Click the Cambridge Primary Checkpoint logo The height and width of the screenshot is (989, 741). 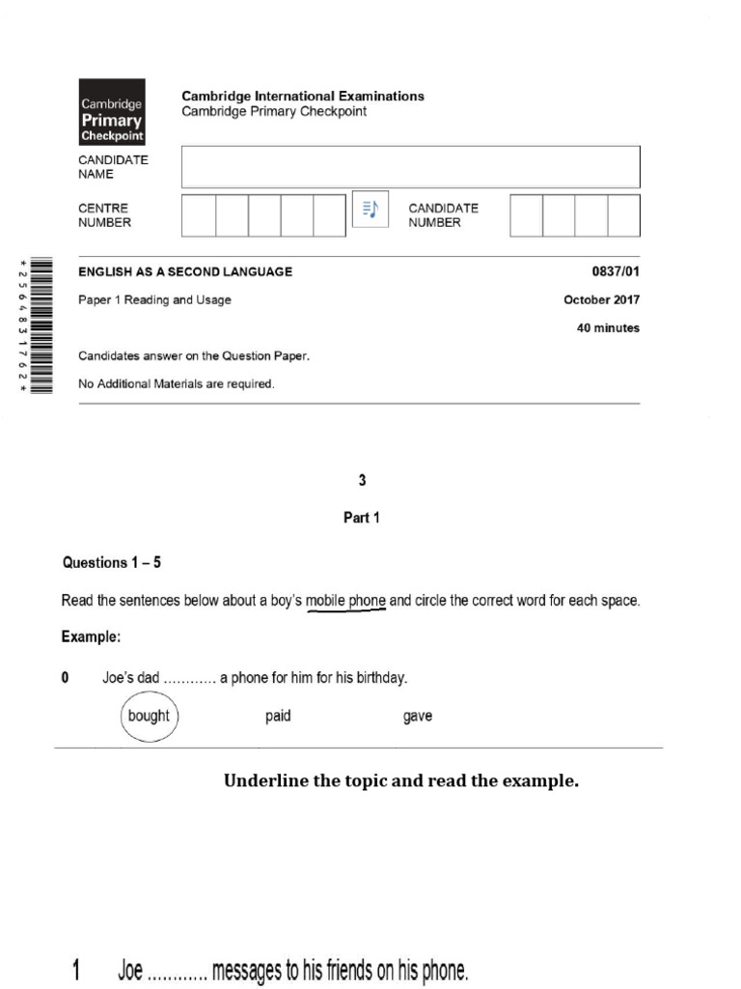tap(112, 110)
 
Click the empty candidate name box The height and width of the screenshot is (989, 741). tap(410, 167)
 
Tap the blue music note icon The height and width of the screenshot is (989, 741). tap(370, 210)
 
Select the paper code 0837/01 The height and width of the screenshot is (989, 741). tap(615, 271)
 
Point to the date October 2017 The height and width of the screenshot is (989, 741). tap(601, 299)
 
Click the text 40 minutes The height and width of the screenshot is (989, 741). tap(608, 328)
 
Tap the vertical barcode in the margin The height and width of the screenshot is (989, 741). tap(39, 325)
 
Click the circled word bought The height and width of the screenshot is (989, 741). tap(149, 717)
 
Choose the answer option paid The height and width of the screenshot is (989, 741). tap(278, 717)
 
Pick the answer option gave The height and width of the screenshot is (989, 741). tap(418, 717)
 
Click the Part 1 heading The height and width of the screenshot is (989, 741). tap(362, 518)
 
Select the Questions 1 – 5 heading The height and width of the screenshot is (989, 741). tap(107, 562)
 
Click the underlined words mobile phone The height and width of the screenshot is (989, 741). tap(345, 601)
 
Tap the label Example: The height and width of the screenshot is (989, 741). tap(92, 637)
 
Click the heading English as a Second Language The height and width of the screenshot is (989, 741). tap(185, 271)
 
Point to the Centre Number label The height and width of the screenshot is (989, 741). tap(104, 215)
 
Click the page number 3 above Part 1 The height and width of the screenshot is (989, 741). tap(362, 480)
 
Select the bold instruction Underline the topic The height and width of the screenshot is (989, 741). tap(401, 781)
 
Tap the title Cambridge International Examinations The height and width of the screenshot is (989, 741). tap(303, 96)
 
